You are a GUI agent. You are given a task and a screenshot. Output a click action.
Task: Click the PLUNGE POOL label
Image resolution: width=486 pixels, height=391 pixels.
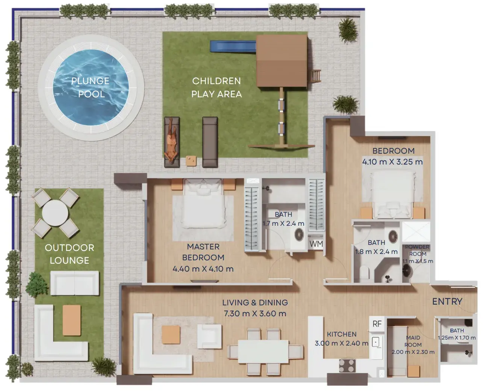tap(90, 88)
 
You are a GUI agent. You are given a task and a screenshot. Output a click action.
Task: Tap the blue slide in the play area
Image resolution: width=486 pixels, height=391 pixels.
tap(233, 46)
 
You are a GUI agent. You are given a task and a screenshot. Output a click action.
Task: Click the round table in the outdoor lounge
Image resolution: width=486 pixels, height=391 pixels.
tap(55, 213)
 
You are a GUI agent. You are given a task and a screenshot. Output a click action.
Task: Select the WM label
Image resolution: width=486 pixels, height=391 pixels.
tap(316, 244)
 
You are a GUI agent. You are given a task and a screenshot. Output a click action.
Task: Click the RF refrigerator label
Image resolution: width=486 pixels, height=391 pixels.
tap(377, 324)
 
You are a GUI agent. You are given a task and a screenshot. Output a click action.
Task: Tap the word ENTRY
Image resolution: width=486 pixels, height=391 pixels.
tap(447, 302)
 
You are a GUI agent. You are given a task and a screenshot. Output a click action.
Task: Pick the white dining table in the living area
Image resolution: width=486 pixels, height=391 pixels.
tap(263, 352)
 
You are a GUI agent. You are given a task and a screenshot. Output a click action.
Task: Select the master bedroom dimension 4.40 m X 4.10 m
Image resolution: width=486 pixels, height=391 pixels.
tap(203, 269)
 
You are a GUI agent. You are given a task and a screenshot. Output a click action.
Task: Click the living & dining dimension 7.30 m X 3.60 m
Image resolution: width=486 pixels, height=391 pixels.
tap(255, 314)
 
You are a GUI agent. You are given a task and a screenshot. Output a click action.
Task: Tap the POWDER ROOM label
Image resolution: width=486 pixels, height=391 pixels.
tap(417, 251)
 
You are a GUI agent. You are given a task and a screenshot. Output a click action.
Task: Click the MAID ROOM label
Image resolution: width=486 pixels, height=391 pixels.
tap(413, 341)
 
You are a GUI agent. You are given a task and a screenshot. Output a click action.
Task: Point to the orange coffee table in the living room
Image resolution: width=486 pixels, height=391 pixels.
tap(171, 335)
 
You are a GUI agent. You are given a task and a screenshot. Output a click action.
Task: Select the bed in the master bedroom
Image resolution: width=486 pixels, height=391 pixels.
tap(203, 203)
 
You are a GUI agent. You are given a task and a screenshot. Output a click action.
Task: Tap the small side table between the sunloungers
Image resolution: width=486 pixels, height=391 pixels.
tap(191, 161)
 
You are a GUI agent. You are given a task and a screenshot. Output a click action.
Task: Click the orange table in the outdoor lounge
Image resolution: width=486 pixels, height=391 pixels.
tap(71, 320)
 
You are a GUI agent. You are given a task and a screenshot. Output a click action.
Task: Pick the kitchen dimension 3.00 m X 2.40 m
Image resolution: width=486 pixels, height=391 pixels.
tap(341, 343)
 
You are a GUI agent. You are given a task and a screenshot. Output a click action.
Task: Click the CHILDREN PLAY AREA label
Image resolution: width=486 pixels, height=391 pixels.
tap(217, 88)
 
